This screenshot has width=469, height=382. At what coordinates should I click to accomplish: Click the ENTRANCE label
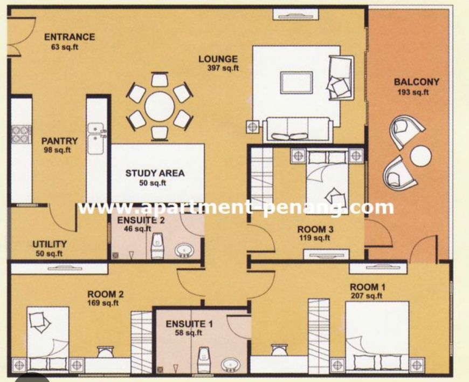point(70,37)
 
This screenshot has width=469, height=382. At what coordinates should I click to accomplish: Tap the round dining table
point(160,107)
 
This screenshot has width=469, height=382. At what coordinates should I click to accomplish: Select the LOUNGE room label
point(218,59)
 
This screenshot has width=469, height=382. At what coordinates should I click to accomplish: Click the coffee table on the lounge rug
point(296,83)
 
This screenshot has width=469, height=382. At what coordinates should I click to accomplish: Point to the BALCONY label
point(416,81)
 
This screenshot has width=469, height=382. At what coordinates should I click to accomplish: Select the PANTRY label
point(59,141)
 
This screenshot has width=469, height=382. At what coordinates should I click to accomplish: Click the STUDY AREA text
point(155,173)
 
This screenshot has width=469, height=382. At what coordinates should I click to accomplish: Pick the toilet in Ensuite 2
point(157,245)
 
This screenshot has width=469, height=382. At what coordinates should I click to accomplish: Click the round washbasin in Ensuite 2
point(184,250)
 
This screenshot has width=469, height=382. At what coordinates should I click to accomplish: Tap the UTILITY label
point(50,244)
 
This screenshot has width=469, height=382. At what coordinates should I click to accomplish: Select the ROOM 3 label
point(315,230)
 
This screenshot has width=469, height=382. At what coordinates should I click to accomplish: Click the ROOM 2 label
point(105,294)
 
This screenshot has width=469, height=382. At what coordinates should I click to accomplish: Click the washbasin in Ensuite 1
point(231,365)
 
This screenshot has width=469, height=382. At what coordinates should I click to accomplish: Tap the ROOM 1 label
point(368,288)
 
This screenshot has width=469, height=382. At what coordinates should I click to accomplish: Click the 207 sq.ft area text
point(367,296)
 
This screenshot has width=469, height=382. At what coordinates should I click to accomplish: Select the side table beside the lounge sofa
point(252,127)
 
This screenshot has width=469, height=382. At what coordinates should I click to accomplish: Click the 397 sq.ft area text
point(223,68)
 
